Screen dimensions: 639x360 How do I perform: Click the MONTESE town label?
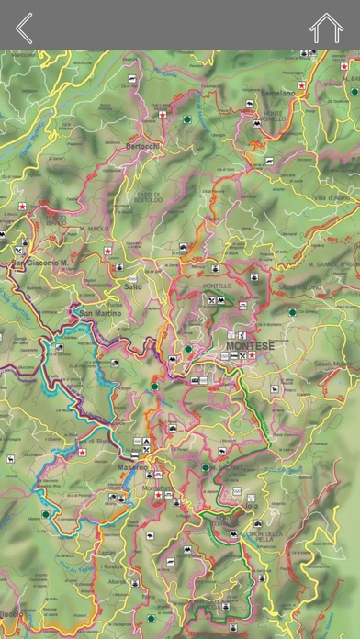[x=251, y=346]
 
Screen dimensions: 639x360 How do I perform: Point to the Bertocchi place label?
[x=143, y=146]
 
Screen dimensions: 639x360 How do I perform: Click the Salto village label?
[x=132, y=286]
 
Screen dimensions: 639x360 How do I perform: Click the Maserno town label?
[x=131, y=467]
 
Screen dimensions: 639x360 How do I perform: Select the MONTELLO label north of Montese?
[x=217, y=286]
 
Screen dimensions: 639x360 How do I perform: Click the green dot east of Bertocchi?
[x=187, y=119]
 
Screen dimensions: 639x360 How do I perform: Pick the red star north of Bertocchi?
[x=163, y=115]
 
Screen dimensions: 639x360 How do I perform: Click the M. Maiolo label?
[x=95, y=229]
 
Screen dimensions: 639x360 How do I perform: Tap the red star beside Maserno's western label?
[x=83, y=452]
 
